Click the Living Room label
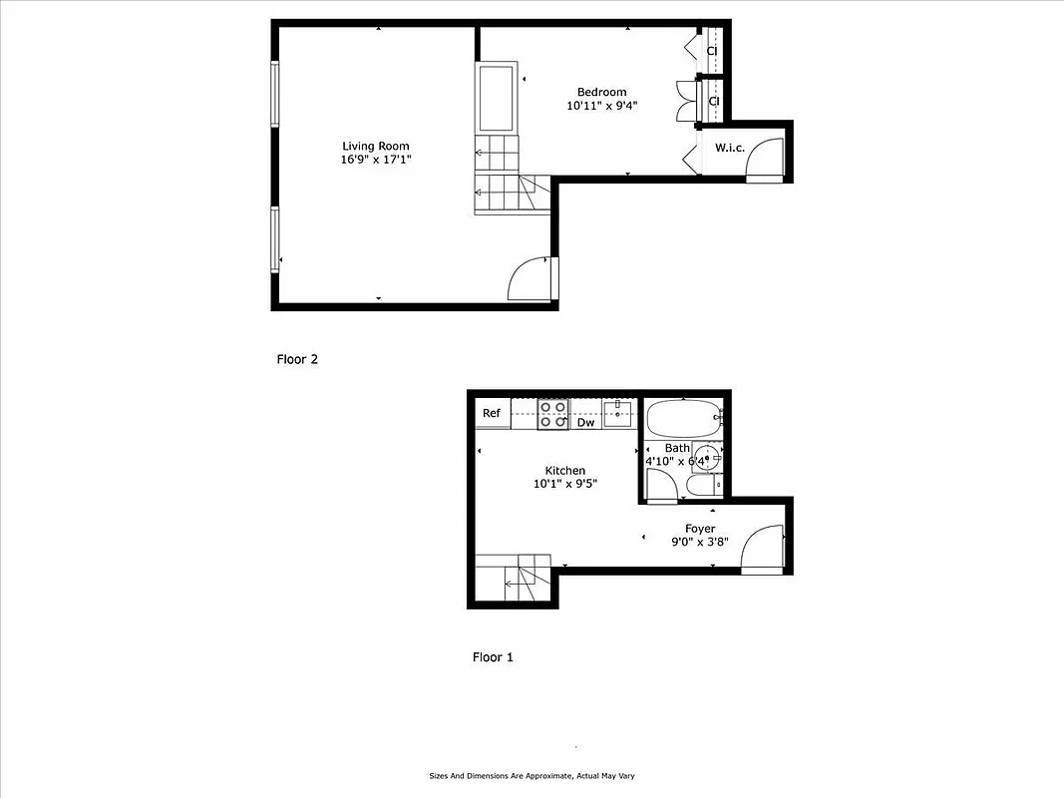(x=376, y=146)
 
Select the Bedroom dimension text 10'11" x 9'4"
(x=601, y=106)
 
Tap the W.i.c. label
(x=730, y=149)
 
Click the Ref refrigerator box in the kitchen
(x=492, y=413)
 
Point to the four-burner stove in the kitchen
(x=552, y=414)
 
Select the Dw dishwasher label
(x=586, y=423)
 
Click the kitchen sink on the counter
(x=617, y=412)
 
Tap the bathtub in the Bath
(x=683, y=416)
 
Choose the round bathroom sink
(x=706, y=456)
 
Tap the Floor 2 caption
(x=297, y=360)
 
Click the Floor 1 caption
(x=493, y=658)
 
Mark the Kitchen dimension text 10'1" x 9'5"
(x=565, y=485)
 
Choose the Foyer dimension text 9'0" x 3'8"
(x=699, y=543)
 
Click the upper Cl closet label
(x=713, y=51)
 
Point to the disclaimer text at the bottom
(x=532, y=776)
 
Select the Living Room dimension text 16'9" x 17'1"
(x=376, y=160)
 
